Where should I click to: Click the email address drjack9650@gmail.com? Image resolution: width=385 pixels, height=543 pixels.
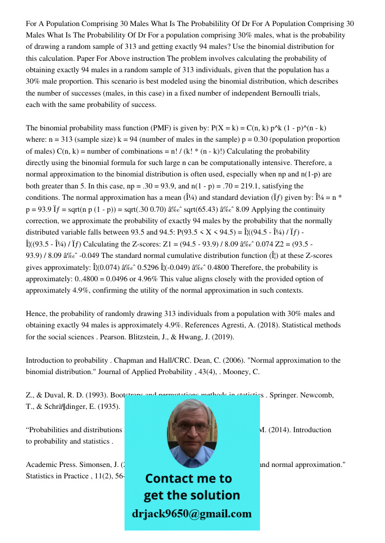pyautogui.click(x=192, y=514)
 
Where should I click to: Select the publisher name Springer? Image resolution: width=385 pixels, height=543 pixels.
pyautogui.click(x=283, y=395)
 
